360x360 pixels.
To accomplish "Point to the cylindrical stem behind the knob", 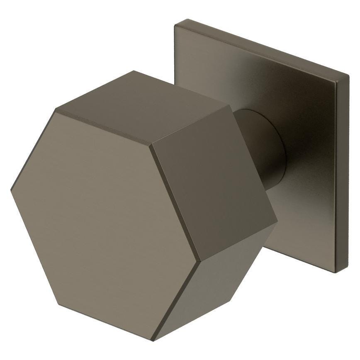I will click(265, 149).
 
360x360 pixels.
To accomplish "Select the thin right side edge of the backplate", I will click(343, 174).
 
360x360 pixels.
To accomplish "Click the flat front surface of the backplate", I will click(307, 166).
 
